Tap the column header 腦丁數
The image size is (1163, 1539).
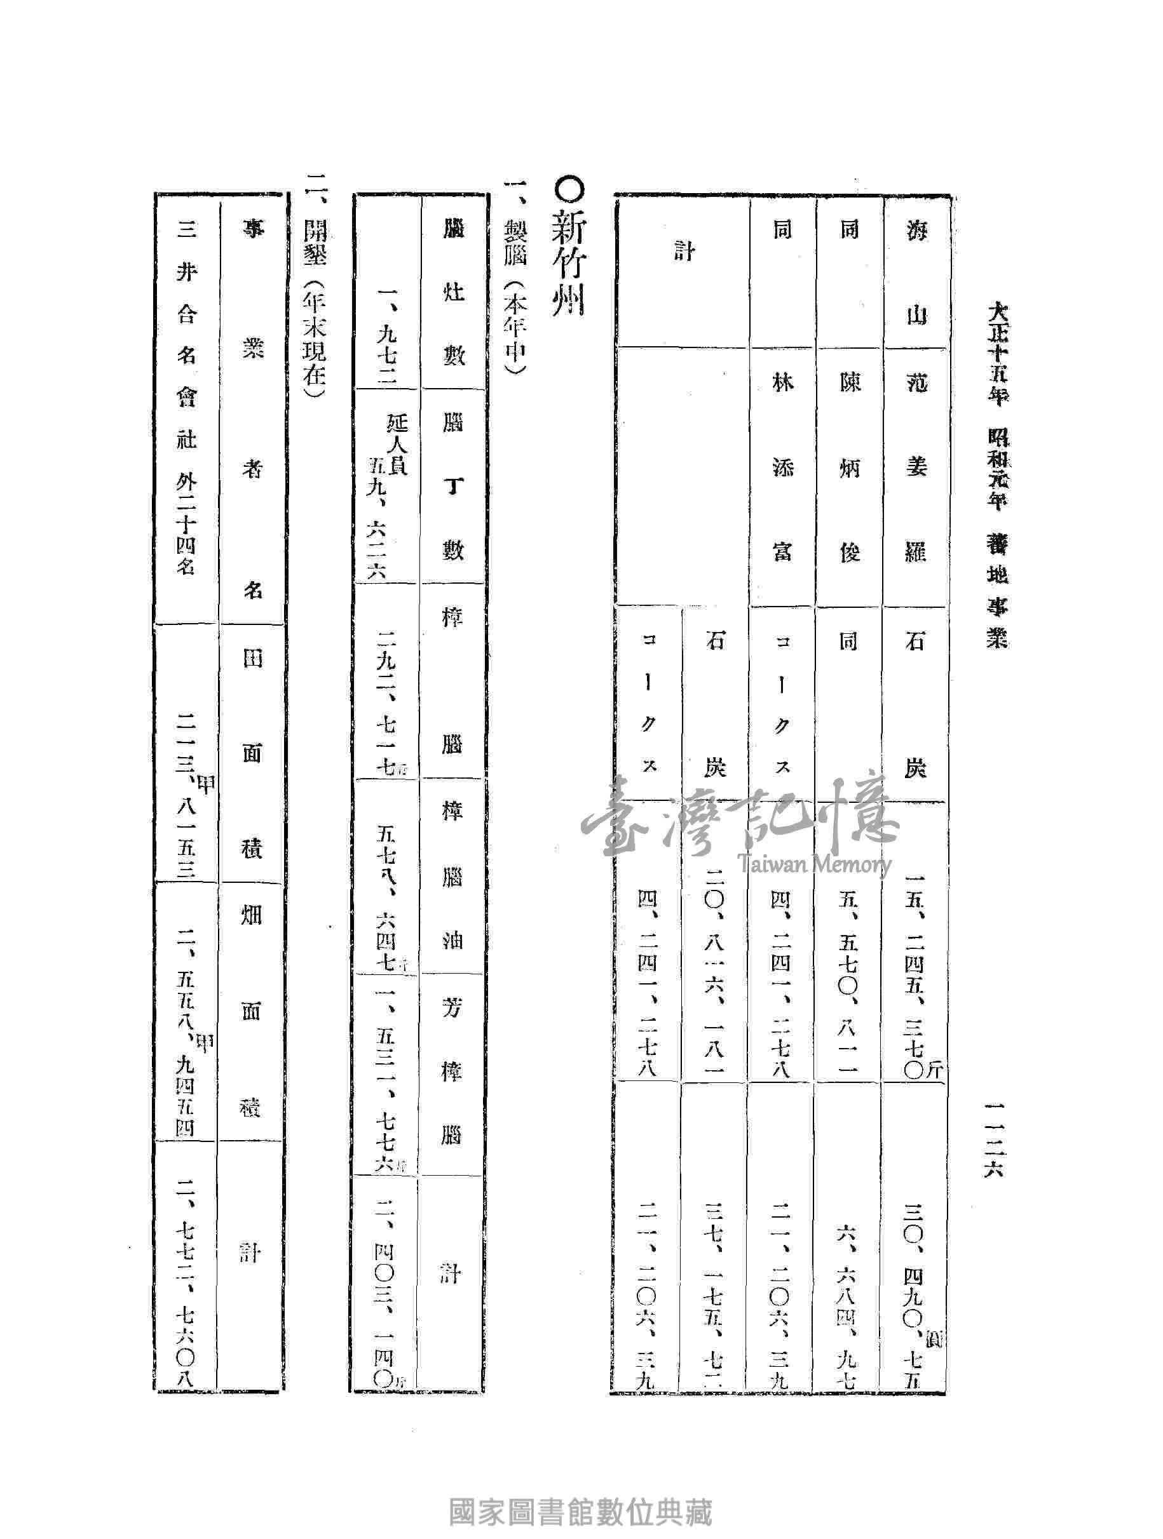[453, 488]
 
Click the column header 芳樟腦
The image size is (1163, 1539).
[453, 1073]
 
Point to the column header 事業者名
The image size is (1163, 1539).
[251, 410]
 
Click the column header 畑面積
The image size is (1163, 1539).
[251, 1009]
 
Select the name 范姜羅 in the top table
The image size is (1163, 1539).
[915, 466]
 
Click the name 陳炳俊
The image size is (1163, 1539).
[849, 466]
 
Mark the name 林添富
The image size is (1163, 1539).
[783, 466]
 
